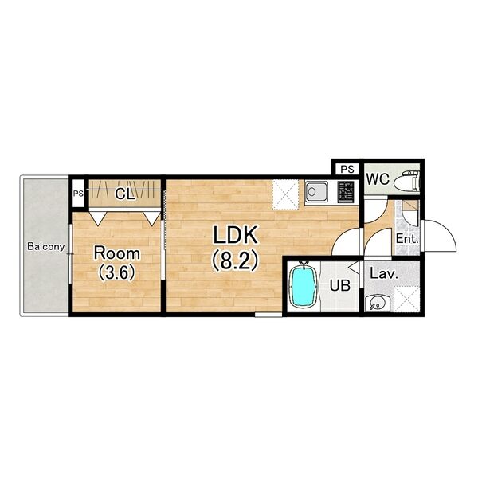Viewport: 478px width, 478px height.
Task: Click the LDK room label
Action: [x=235, y=235]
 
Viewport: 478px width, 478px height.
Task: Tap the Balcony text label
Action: [x=46, y=246]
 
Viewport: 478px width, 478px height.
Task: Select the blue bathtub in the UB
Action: [x=304, y=287]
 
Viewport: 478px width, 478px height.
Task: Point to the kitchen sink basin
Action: [x=316, y=191]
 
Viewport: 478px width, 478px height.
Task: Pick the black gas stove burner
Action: [x=346, y=191]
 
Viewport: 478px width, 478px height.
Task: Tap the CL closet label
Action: [x=125, y=194]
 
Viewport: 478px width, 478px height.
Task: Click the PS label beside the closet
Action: [x=78, y=194]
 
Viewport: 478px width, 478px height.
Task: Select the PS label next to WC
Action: [x=347, y=169]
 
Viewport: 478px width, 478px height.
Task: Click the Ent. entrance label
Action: [x=406, y=238]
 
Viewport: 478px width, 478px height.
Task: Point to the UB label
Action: [x=340, y=286]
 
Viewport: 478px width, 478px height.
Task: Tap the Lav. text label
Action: [x=384, y=273]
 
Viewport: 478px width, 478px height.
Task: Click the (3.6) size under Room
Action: [x=117, y=272]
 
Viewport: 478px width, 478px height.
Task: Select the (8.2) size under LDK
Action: [x=235, y=262]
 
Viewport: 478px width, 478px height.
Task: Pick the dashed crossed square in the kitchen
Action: [x=285, y=194]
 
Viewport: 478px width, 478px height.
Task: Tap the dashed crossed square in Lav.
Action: [x=406, y=299]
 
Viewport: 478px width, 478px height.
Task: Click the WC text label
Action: [x=378, y=179]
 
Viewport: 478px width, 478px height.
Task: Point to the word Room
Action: [x=117, y=253]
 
